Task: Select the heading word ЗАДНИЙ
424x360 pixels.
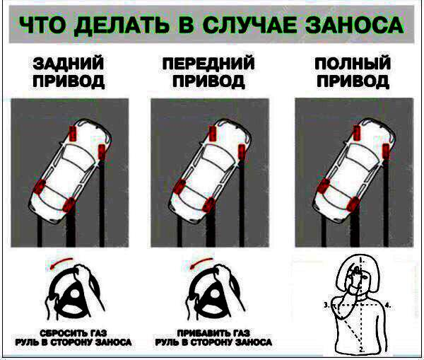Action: pos(69,64)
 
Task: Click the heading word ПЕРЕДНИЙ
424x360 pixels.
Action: pos(208,64)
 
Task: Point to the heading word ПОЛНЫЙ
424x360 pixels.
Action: pos(353,64)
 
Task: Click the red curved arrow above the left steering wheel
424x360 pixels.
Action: pos(61,262)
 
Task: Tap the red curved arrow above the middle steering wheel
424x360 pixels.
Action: pos(201,262)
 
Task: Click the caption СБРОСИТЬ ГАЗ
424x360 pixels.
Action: pos(73,333)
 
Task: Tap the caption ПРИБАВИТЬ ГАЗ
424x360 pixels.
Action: pos(213,333)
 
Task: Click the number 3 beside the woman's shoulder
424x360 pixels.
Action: pos(326,305)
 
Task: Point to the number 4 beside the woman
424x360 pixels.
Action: pos(388,306)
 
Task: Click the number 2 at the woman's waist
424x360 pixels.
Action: pos(362,349)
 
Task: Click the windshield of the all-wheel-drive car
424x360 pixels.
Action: pos(363,156)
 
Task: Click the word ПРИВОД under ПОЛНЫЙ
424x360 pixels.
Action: pos(353,81)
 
